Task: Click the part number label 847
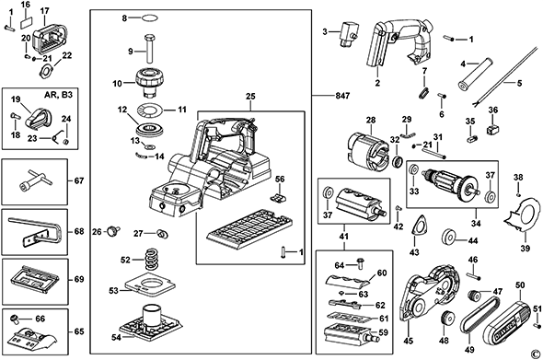[341, 95]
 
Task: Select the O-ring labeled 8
[150, 18]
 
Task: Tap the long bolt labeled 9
[150, 49]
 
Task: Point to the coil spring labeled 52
[151, 259]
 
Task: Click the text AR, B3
[59, 95]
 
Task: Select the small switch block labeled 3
[348, 34]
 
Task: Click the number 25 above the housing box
[250, 96]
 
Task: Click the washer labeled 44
[449, 238]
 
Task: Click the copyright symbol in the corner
[536, 354]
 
